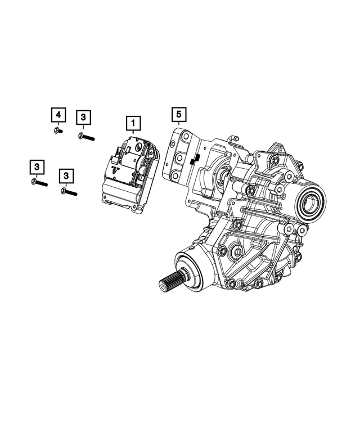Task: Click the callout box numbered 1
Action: pyautogui.click(x=134, y=121)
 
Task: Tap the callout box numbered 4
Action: pyautogui.click(x=57, y=115)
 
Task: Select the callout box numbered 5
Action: pyautogui.click(x=178, y=115)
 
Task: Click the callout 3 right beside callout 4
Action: pyautogui.click(x=83, y=116)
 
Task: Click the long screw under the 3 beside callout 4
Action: pyautogui.click(x=86, y=136)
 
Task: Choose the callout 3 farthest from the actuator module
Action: pyautogui.click(x=36, y=166)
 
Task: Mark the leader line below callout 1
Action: pyautogui.click(x=134, y=132)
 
